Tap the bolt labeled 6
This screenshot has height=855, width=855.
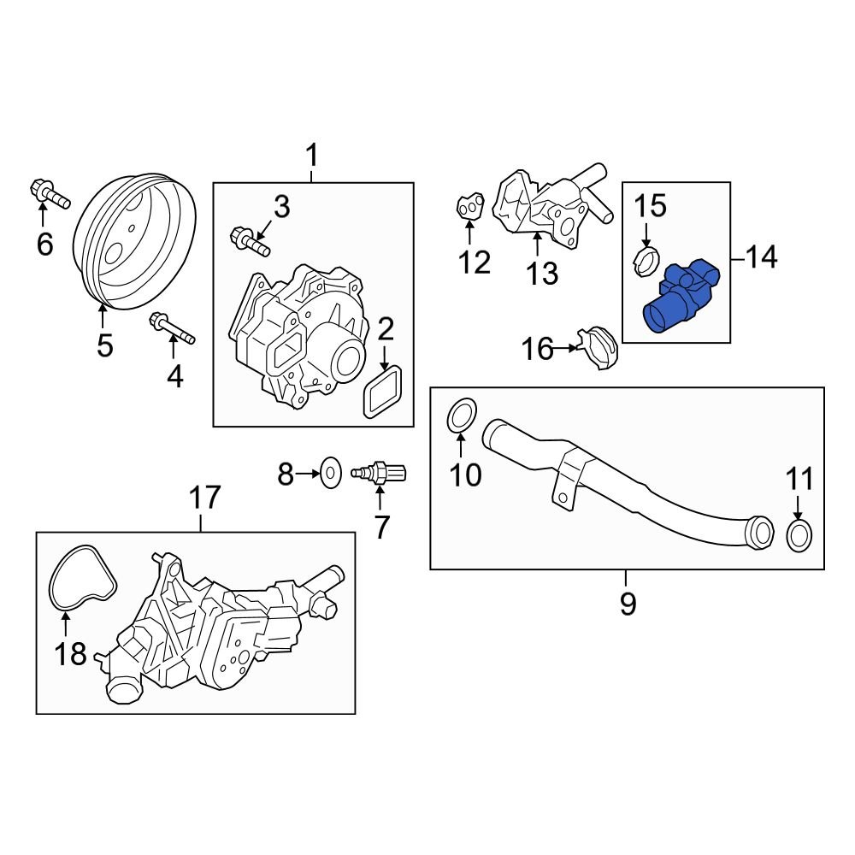[x=48, y=194]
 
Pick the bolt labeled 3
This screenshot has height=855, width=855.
[x=249, y=239]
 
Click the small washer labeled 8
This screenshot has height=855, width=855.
[x=329, y=469]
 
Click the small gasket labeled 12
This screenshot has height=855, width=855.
[x=469, y=207]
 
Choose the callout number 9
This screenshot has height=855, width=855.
[x=627, y=604]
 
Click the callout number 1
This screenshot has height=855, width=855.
[x=312, y=156]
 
